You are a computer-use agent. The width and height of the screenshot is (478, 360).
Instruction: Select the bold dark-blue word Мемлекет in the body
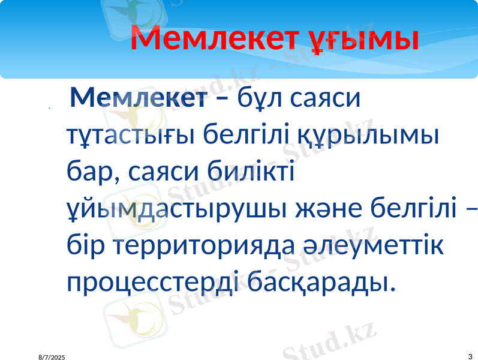click(136, 97)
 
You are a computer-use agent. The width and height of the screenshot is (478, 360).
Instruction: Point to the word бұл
click(259, 97)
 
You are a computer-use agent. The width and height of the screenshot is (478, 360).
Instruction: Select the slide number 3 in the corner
click(468, 356)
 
